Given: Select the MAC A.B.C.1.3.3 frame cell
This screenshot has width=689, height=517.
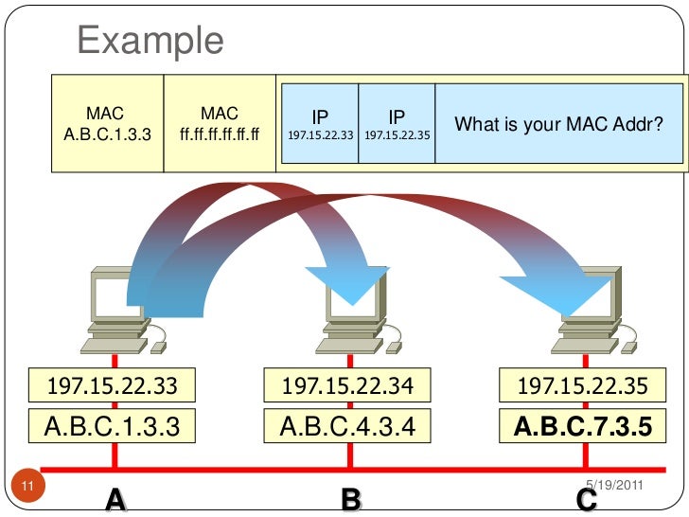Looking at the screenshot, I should [106, 124].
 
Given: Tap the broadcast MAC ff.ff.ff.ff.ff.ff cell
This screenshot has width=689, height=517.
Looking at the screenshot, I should [220, 124].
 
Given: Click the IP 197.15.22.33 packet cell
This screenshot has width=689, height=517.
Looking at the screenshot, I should [320, 125].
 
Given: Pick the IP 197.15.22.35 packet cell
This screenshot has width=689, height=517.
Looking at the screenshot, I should [397, 125].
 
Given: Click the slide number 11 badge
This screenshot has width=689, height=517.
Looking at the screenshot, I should [27, 487].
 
